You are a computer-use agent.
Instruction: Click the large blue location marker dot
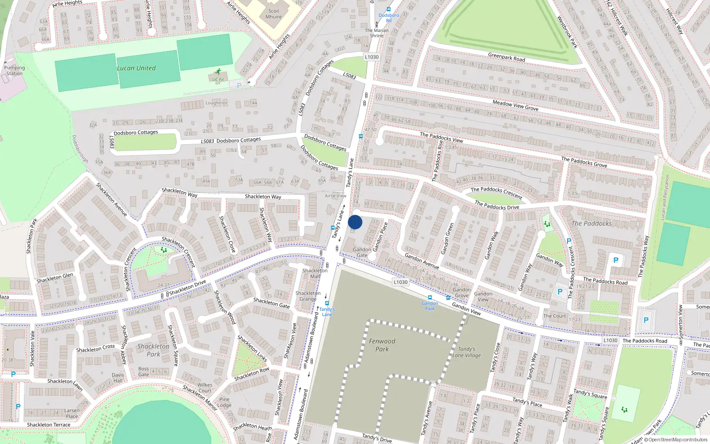355,222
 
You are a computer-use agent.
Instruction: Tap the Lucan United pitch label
136,68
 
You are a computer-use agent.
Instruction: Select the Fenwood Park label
382,345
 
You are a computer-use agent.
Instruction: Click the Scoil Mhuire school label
273,14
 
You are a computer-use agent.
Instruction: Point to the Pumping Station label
14,71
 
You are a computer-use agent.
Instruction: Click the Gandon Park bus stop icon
430,297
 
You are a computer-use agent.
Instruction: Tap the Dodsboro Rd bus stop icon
389,9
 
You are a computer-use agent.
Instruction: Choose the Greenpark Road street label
506,58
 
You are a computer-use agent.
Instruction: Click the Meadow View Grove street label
515,105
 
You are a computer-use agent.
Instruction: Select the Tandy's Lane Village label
466,352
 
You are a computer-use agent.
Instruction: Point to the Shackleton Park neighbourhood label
153,350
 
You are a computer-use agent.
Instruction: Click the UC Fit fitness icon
218,71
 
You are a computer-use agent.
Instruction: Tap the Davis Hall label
118,378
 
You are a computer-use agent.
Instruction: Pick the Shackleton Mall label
315,273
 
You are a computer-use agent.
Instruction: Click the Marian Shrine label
376,33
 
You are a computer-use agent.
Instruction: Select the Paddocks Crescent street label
497,192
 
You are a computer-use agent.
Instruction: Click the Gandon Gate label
362,252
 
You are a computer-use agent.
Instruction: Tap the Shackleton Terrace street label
48,425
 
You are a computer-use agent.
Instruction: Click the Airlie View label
335,196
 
